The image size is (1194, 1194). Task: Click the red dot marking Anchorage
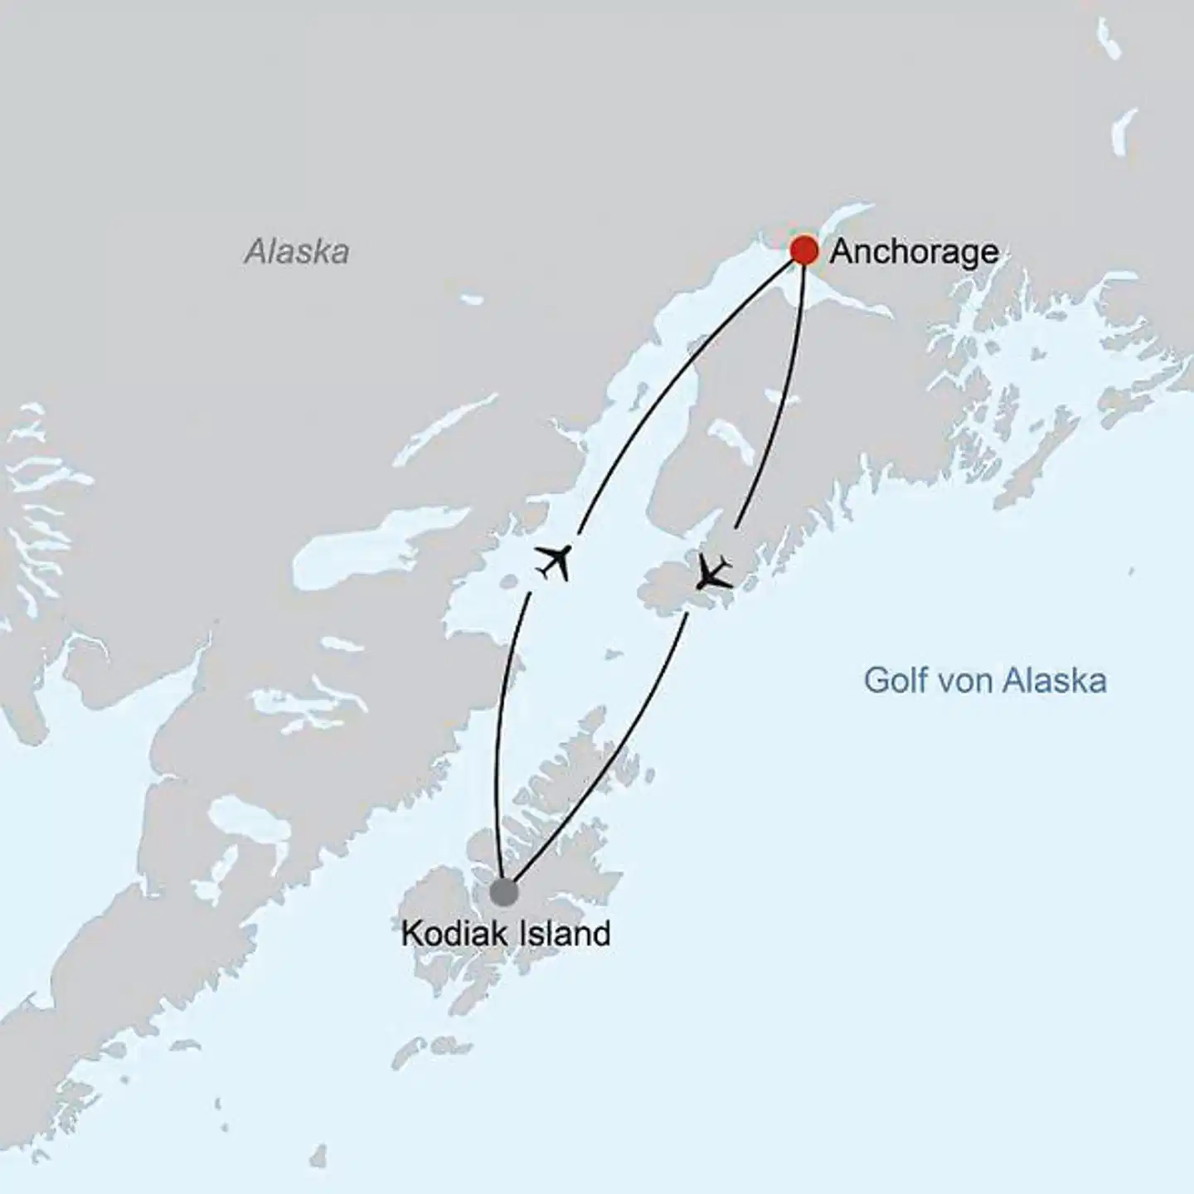[803, 250]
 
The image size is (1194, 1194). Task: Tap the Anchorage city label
[914, 251]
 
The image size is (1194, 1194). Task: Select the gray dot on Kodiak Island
[503, 892]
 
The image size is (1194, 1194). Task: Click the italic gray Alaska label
[297, 251]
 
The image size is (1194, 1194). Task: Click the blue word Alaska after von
[1054, 681]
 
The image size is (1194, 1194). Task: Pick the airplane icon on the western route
[554, 562]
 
